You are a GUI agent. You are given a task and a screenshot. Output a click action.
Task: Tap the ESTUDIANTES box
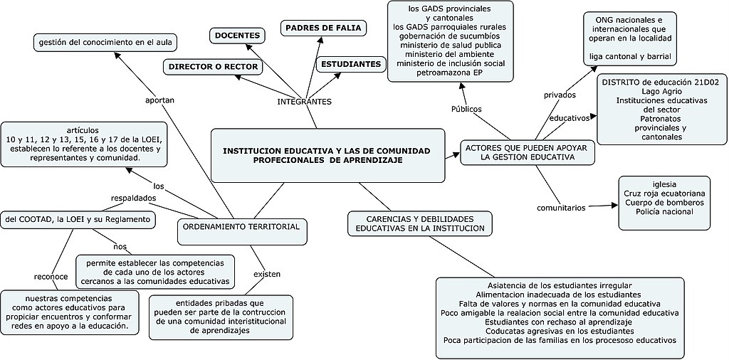pyautogui.click(x=350, y=64)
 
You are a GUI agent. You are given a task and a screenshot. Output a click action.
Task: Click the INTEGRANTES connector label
pyautogui.click(x=304, y=102)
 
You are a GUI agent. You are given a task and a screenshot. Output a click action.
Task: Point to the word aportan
pyautogui.click(x=159, y=100)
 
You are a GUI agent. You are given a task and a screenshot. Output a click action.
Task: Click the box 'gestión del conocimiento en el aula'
pyautogui.click(x=105, y=43)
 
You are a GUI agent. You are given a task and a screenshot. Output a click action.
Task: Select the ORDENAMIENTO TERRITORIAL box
pyautogui.click(x=242, y=226)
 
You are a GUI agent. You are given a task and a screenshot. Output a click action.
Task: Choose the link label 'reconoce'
pyautogui.click(x=51, y=276)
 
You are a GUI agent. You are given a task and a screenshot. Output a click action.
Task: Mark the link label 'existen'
pyautogui.click(x=267, y=274)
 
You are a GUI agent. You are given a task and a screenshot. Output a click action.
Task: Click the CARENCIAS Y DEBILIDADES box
pyautogui.click(x=420, y=223)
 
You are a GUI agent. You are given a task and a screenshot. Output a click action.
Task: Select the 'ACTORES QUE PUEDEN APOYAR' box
pyautogui.click(x=528, y=152)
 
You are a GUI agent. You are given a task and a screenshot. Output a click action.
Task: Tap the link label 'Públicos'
pyautogui.click(x=466, y=109)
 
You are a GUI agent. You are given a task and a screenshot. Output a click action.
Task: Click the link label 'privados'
pyautogui.click(x=560, y=95)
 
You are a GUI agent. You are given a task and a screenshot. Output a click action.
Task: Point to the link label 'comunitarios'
pyautogui.click(x=561, y=208)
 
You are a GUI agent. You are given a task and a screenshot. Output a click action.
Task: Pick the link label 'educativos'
pyautogui.click(x=570, y=117)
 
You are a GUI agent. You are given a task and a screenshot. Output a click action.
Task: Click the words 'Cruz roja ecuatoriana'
pyautogui.click(x=664, y=193)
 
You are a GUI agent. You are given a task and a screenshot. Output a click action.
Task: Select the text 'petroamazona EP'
pyautogui.click(x=449, y=73)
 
